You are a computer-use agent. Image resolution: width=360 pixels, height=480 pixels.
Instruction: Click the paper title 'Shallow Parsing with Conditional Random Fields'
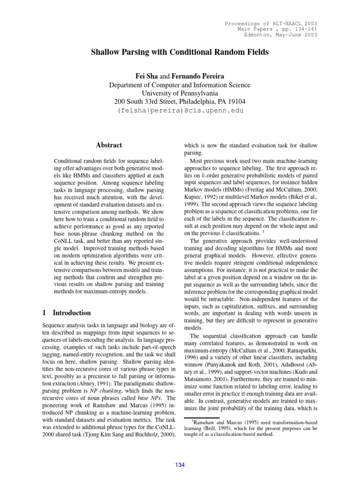[180, 53]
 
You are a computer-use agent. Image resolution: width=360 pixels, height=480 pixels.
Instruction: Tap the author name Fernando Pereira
[198, 76]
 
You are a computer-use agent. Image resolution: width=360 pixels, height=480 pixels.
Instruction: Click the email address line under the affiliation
[180, 111]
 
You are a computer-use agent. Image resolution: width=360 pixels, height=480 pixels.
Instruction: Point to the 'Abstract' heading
[108, 145]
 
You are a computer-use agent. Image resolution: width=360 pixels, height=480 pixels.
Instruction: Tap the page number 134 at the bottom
[180, 465]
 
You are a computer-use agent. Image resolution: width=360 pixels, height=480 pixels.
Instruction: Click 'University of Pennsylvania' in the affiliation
[180, 93]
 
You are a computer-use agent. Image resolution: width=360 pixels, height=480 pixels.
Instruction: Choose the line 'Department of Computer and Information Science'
[180, 84]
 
